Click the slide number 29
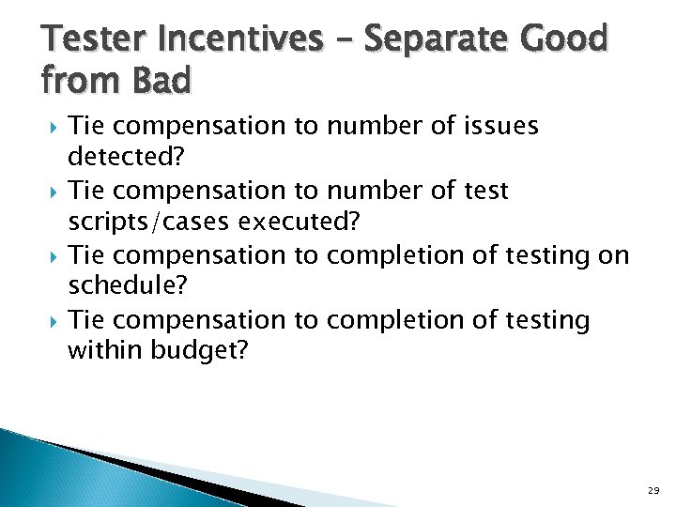[653, 491]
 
